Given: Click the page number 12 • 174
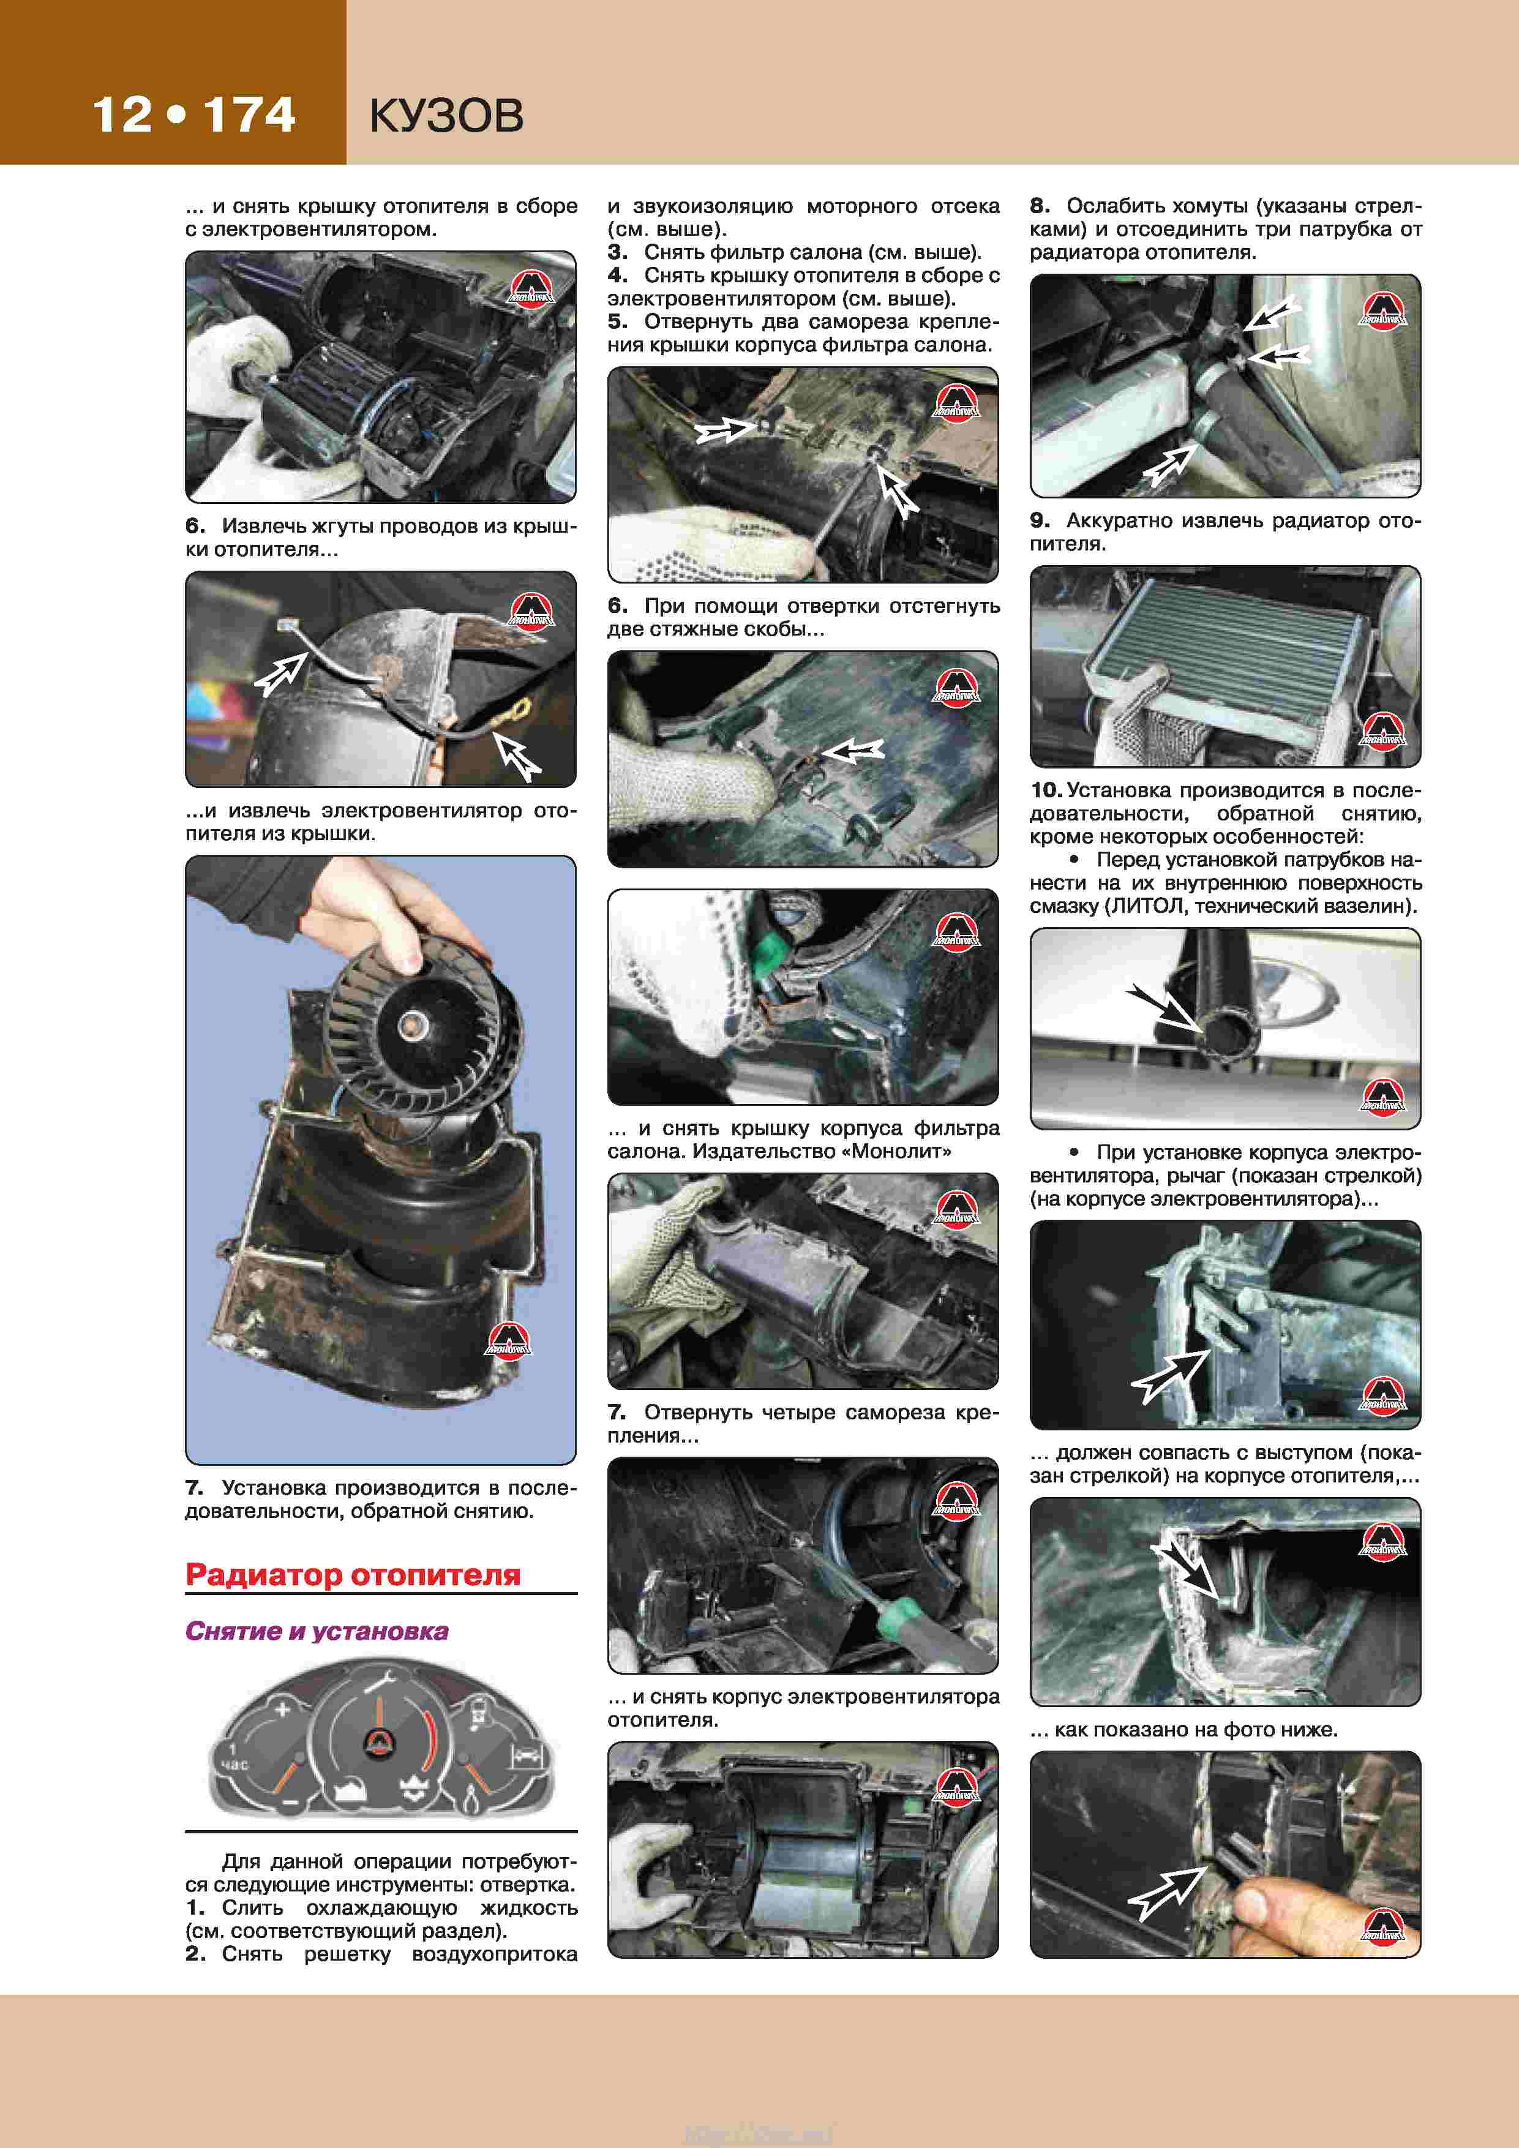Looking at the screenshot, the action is point(193,115).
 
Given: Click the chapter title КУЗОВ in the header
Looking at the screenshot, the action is point(446,116).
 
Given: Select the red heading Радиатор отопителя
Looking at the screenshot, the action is point(353,1574).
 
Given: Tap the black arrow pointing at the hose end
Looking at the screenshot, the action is point(1163,1008).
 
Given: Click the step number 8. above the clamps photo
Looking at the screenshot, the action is point(1039,206).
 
